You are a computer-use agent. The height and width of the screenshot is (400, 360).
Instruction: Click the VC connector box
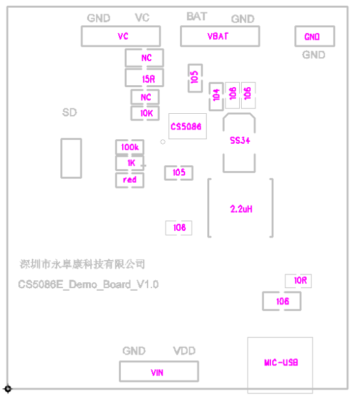pyautogui.click(x=122, y=36)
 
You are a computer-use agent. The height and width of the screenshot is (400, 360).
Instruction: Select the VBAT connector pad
pyautogui.click(x=219, y=36)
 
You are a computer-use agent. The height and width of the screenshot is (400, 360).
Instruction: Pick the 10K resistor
pyautogui.click(x=145, y=113)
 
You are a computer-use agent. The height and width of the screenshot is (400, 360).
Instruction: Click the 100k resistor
pyautogui.click(x=130, y=148)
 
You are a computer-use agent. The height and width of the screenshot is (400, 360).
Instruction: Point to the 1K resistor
pyautogui.click(x=130, y=163)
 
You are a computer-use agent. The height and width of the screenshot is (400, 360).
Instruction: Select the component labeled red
pyautogui.click(x=130, y=180)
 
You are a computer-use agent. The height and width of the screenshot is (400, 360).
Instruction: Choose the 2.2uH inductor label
pyautogui.click(x=240, y=209)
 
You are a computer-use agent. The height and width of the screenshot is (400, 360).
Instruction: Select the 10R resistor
pyautogui.click(x=299, y=281)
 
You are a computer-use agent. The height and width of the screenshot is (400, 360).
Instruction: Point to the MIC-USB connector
pyautogui.click(x=280, y=363)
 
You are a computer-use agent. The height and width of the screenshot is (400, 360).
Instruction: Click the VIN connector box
pyautogui.click(x=158, y=373)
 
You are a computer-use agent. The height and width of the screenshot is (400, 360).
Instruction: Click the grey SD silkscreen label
pyautogui.click(x=70, y=113)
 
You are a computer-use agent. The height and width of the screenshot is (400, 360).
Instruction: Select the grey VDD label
pyautogui.click(x=184, y=351)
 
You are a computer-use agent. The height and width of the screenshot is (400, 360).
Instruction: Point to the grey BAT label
pyautogui.click(x=197, y=17)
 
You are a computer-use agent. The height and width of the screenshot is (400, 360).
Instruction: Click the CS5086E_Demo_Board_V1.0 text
pyautogui.click(x=88, y=285)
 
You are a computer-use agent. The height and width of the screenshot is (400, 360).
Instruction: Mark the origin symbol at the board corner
pyautogui.click(x=7, y=389)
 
